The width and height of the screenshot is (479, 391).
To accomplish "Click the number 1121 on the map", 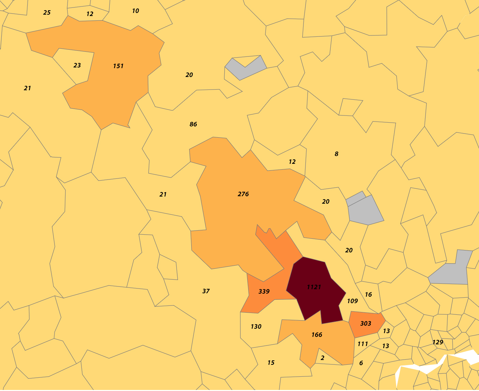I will (314, 287).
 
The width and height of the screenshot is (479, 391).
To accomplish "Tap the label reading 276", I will (243, 194).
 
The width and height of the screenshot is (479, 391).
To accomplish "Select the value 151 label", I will (118, 66).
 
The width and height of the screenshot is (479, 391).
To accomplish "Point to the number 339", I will (264, 292).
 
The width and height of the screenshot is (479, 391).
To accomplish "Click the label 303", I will (365, 324).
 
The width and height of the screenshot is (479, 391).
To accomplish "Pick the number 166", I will (317, 335).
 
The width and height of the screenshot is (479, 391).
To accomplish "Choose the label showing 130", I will (256, 327).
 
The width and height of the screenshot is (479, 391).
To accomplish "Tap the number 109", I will (352, 301).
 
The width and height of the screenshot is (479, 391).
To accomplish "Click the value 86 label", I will (193, 124).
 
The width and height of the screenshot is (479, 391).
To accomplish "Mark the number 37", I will (206, 291).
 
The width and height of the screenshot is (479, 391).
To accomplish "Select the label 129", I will (438, 342).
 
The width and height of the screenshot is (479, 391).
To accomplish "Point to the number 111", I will (363, 344).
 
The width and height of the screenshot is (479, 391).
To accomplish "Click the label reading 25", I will (47, 13).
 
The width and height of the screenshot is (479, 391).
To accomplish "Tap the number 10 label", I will (135, 11).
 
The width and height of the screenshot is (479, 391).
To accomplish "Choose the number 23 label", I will (77, 65).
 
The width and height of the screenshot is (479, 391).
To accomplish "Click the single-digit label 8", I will (336, 154).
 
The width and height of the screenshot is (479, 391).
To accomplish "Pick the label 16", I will (368, 295).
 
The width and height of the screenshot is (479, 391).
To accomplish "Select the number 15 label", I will (271, 363).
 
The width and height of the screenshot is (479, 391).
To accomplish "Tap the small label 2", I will (323, 358).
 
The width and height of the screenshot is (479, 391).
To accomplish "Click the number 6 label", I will (361, 363).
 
